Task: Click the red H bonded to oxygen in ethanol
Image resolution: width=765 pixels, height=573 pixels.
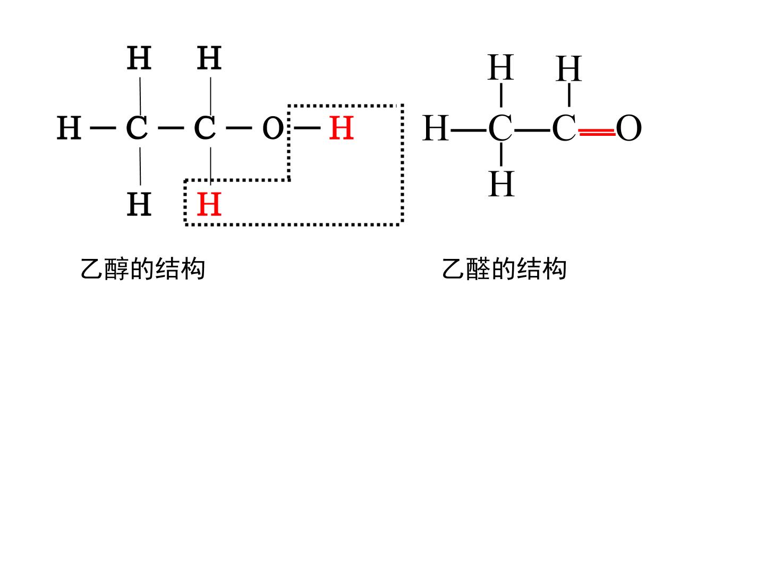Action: [x=341, y=128]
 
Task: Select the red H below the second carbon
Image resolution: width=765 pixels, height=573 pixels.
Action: [x=209, y=204]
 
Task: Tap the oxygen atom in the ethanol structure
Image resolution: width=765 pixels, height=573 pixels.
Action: [x=273, y=128]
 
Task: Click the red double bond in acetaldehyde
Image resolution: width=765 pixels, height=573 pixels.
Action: [x=597, y=132]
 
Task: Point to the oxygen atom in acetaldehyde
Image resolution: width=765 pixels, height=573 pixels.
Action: [x=628, y=128]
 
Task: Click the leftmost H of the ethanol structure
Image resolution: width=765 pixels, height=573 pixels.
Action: [x=69, y=128]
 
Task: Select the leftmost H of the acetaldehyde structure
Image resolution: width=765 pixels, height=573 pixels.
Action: [x=436, y=128]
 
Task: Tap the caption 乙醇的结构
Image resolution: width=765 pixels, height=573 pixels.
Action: [x=143, y=268]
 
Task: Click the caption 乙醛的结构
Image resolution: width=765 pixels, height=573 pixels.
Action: [x=504, y=268]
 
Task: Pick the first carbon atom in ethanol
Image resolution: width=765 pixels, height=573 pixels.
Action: [x=137, y=128]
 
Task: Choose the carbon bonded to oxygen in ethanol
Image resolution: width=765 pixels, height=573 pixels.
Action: [x=205, y=128]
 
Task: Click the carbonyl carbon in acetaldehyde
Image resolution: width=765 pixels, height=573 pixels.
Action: [x=564, y=128]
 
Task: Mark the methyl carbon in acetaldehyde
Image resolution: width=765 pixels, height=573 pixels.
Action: [x=500, y=128]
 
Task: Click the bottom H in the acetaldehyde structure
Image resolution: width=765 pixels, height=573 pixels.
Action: [x=501, y=184]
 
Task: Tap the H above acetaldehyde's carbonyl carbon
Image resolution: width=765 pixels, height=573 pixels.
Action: [x=569, y=68]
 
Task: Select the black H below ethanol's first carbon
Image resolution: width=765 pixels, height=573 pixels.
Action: [x=139, y=204]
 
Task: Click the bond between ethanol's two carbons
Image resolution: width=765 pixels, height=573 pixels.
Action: [x=171, y=128]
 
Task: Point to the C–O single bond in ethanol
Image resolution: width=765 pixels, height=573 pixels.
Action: [x=239, y=128]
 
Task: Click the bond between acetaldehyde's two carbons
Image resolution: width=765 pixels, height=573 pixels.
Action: [x=532, y=131]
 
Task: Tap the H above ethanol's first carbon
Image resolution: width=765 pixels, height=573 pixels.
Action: [x=139, y=58]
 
